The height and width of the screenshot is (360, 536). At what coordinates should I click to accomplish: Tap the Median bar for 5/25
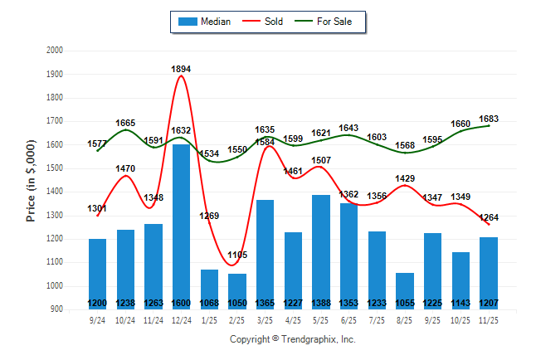(x=320, y=249)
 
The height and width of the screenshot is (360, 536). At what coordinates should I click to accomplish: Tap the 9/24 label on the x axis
(x=98, y=319)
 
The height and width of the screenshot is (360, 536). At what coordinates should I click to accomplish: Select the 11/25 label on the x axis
(x=488, y=319)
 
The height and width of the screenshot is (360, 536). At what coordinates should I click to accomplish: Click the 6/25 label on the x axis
(x=348, y=319)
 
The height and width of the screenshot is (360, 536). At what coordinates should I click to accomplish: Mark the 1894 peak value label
(x=182, y=69)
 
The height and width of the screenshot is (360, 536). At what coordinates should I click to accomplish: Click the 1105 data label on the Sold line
(x=237, y=255)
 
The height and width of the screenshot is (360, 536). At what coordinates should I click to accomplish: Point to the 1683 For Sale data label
(x=489, y=119)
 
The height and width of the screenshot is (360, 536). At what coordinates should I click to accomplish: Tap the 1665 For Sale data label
(x=125, y=123)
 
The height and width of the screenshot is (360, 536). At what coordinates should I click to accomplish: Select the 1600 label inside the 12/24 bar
(x=182, y=303)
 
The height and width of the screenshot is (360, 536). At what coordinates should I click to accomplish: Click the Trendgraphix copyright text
(x=292, y=339)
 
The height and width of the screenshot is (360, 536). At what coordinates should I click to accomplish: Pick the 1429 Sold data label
(x=405, y=179)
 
